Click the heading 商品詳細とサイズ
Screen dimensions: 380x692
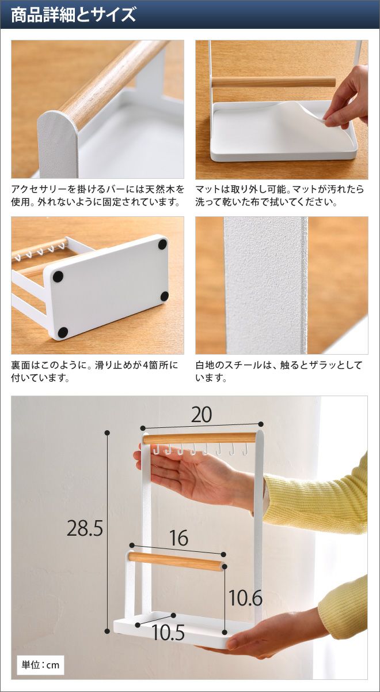[x=73, y=15]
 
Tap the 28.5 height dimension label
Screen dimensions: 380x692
[x=85, y=528]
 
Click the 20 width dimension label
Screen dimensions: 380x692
[x=202, y=415]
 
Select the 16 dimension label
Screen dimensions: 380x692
[x=179, y=537]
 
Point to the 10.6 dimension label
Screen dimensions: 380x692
[x=245, y=597]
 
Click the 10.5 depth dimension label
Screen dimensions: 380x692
[x=168, y=633]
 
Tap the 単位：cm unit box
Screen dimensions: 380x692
[x=40, y=664]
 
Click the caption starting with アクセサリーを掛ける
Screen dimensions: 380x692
[x=97, y=195]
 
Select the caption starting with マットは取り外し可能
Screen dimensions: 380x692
[x=280, y=195]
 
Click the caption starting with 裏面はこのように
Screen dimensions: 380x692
[x=94, y=371]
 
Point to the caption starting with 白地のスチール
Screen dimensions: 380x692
[x=279, y=371]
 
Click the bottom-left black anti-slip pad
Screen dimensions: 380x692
[x=63, y=332]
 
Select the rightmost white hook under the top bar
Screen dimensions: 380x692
[x=245, y=449]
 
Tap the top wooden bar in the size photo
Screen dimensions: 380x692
[x=199, y=439]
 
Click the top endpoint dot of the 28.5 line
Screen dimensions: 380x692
[x=107, y=433]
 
